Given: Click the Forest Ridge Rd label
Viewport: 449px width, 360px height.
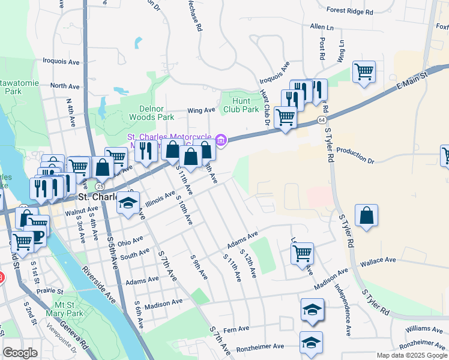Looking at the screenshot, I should click(350, 11).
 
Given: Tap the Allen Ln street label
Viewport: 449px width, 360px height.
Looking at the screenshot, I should click(321, 27).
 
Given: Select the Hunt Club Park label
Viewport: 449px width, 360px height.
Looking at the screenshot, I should click(241, 106).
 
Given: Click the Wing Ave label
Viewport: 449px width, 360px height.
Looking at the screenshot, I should click(200, 110).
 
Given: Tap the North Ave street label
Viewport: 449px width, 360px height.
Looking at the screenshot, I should click(65, 86).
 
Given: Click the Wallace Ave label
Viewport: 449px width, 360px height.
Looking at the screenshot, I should click(378, 260).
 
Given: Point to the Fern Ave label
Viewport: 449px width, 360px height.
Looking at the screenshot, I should click(235, 329).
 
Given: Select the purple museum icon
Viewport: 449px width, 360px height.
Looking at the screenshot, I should click(221, 141).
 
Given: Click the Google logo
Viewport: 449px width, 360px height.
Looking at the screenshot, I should click(20, 353).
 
